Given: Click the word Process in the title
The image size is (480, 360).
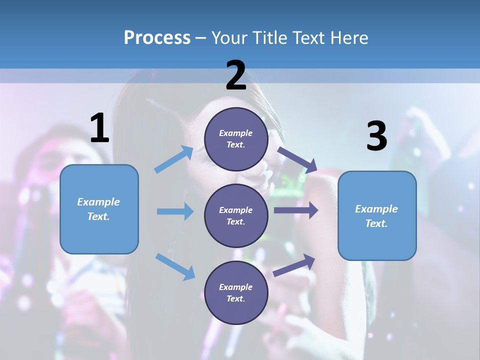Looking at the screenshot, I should click(x=157, y=37).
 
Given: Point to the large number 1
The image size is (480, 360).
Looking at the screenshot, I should click(x=99, y=128).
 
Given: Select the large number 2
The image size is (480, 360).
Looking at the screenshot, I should click(x=236, y=75).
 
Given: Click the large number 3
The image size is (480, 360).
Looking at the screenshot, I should click(x=376, y=136).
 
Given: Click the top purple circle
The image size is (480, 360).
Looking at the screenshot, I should click(x=236, y=139).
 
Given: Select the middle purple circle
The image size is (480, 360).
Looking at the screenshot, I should click(x=236, y=215).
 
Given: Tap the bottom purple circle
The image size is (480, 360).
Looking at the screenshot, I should click(x=236, y=292).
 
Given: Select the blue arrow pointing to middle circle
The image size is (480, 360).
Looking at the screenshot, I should click(x=175, y=211).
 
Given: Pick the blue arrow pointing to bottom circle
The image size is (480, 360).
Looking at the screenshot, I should click(x=175, y=266).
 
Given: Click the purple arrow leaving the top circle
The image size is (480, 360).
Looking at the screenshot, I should click(x=297, y=159).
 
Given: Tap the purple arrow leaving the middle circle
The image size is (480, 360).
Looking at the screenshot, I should click(x=296, y=210).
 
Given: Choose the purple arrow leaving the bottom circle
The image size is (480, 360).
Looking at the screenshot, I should click(x=294, y=265).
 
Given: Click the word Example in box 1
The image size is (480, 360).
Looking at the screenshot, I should click(x=98, y=202).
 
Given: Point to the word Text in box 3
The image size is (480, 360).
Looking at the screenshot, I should click(x=376, y=223).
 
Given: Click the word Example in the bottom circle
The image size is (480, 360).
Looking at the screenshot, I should click(x=236, y=287).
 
